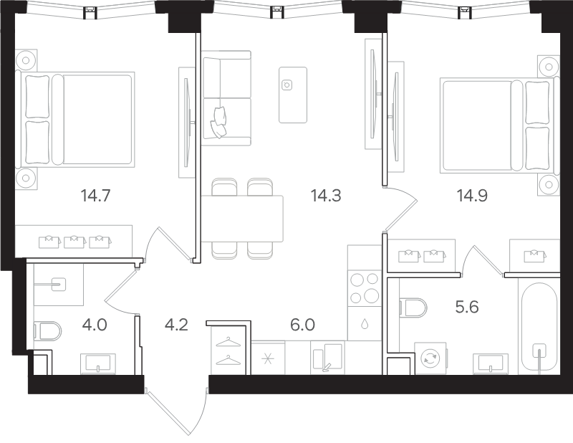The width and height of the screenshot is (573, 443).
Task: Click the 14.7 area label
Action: [95, 196]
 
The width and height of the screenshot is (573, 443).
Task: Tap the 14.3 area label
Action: [326, 196]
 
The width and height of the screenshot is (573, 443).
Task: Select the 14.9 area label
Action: [472, 196]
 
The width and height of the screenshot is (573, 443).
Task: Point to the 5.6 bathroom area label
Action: [467, 307]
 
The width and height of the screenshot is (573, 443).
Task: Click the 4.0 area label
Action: [95, 325]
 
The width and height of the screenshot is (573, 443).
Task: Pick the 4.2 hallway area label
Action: [176, 325]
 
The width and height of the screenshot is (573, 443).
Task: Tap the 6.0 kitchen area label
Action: [302, 325]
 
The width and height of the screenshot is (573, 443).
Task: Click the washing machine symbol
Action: [430, 358]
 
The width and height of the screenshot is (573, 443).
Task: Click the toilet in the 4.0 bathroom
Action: [47, 330]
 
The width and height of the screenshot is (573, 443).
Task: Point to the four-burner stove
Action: [365, 289]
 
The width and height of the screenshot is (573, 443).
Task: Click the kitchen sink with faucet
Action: [328, 358]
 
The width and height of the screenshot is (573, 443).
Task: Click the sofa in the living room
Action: [226, 98]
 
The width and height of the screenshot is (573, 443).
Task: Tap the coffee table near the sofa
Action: [293, 95]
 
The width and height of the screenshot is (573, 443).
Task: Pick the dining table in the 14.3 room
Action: [242, 219]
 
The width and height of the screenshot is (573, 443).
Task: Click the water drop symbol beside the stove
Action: [365, 324]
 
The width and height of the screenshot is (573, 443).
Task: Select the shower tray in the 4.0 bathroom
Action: [59, 285]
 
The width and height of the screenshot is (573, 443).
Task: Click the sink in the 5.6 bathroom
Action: [491, 364]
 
